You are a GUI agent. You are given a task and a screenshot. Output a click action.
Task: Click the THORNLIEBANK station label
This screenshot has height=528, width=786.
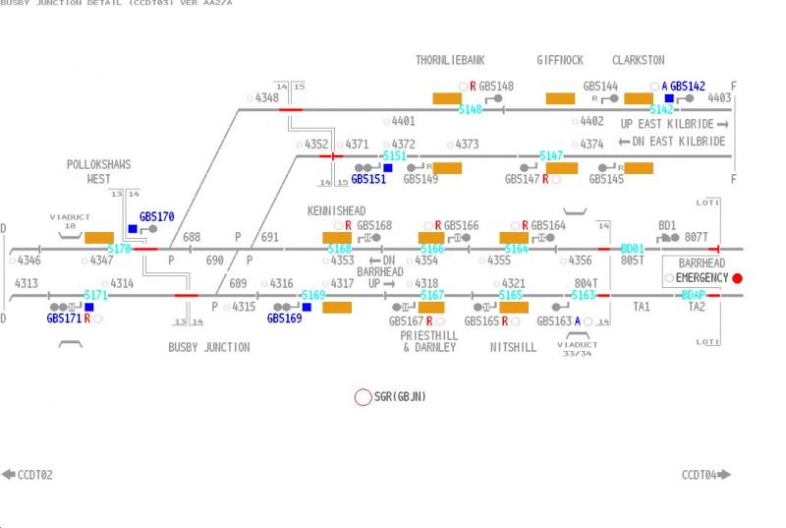point(450,60)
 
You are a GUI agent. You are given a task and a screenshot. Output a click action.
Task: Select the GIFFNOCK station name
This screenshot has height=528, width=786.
point(560,60)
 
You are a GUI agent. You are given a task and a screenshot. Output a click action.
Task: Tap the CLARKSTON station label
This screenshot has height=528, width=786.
point(638,60)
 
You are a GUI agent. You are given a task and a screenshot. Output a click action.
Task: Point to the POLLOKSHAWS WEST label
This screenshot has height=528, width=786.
point(98,172)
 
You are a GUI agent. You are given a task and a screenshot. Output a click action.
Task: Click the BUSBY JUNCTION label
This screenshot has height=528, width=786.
point(208,347)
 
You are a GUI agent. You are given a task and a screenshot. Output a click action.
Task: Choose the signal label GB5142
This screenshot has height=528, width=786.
point(688,87)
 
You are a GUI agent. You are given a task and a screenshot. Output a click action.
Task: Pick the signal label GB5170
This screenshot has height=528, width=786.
point(156,216)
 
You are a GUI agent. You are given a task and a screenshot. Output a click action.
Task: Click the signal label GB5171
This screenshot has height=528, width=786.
point(64,319)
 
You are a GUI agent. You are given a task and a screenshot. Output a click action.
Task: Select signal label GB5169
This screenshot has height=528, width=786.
point(284,319)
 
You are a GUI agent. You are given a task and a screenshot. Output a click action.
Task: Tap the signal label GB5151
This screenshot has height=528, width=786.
point(368,179)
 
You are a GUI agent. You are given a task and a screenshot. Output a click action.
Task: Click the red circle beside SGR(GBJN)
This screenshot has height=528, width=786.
point(363,397)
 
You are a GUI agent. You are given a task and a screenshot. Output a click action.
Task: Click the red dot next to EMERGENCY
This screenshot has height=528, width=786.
point(737,278)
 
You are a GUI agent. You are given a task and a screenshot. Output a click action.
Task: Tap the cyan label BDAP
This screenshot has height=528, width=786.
point(694,295)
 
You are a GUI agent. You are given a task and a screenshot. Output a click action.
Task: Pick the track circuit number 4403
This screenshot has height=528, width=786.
point(719,98)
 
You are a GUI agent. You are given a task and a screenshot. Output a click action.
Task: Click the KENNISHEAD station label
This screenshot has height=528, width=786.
point(336,211)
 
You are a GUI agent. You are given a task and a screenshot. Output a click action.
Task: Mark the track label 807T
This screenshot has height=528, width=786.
point(696,237)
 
